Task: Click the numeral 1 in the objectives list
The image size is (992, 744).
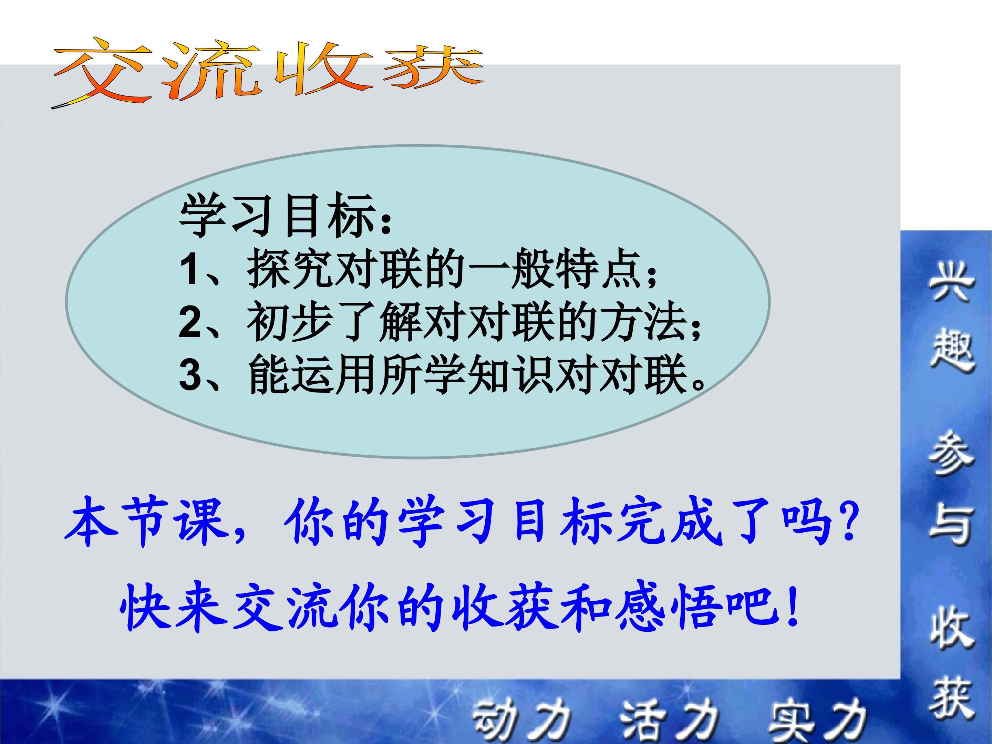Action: [188, 270]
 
